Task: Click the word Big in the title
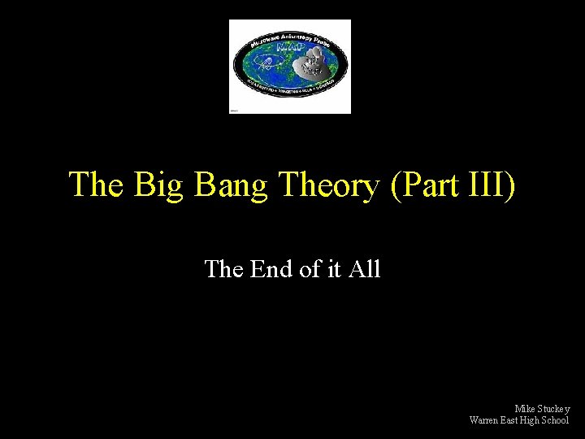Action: coord(155,185)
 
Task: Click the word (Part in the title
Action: coord(422,185)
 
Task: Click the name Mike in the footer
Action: coord(525,409)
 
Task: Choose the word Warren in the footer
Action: coord(484,420)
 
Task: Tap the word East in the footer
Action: coord(513,420)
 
